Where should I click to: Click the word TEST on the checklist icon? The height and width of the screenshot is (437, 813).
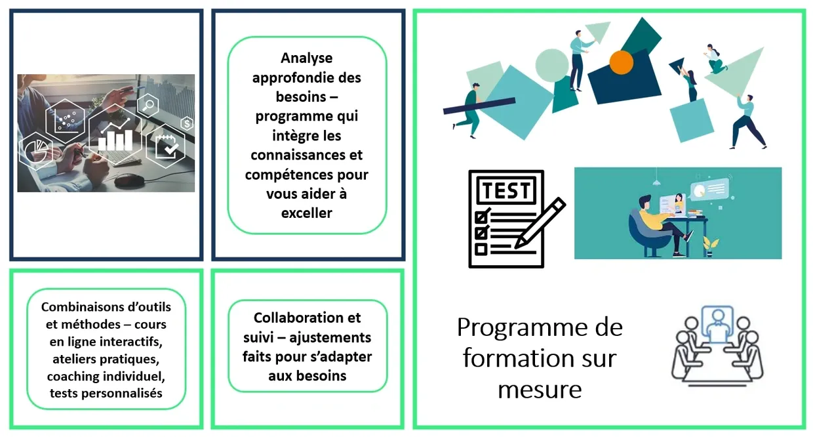[506, 190]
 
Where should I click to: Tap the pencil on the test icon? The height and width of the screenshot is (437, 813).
[540, 223]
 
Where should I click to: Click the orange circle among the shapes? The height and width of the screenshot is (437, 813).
[621, 62]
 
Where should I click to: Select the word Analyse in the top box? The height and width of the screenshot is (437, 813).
[307, 58]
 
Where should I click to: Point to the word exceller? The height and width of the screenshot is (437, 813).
[307, 213]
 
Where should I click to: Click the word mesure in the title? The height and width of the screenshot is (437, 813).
[540, 390]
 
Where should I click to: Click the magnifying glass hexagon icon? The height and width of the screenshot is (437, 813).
[148, 106]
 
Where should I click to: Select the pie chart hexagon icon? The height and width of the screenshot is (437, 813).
[35, 151]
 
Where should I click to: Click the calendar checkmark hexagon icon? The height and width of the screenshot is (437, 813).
[166, 146]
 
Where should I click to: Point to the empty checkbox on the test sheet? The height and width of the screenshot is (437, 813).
[481, 249]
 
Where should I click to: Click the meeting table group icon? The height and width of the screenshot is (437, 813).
[717, 346]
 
